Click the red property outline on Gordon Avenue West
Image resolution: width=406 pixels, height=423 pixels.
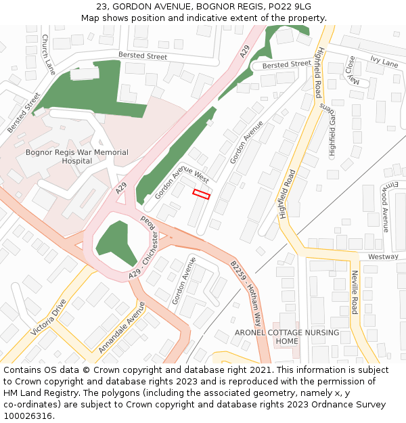coord(202,194)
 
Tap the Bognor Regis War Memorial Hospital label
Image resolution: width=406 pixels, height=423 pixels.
coord(76,157)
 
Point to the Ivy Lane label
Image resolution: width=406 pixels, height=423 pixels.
coord(384,62)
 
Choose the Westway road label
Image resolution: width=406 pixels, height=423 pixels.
coord(383,257)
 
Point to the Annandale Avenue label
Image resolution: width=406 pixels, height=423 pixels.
coord(122,328)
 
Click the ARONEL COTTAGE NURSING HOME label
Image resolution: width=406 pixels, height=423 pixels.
coord(287,336)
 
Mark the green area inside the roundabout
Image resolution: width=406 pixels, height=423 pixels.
coord(113,241)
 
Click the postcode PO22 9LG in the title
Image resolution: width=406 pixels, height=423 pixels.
coord(290,6)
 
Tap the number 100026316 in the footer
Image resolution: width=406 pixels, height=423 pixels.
coord(27,416)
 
